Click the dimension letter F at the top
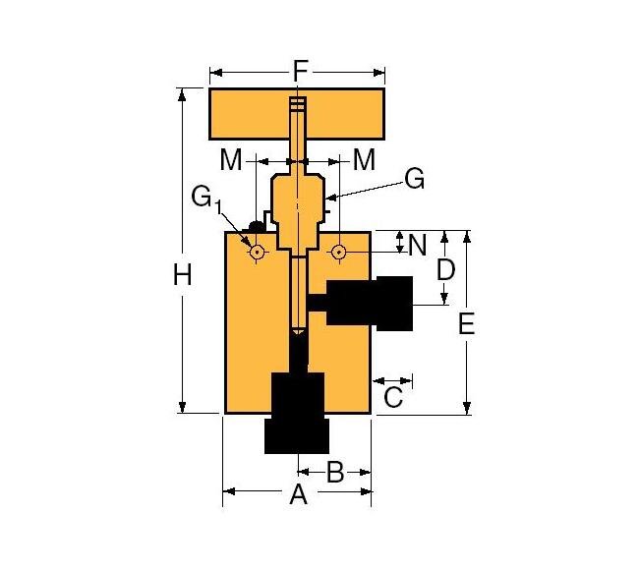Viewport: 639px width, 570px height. click(301, 71)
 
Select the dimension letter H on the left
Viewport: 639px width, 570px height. click(183, 276)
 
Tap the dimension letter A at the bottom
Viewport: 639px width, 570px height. click(298, 495)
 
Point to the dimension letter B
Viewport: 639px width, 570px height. click(334, 473)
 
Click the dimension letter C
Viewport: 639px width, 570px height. click(392, 397)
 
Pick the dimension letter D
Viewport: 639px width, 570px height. click(445, 268)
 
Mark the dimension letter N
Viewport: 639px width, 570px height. click(418, 244)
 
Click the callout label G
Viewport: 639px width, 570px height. click(414, 180)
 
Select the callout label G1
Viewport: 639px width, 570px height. click(205, 199)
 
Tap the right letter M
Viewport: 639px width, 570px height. click(364, 159)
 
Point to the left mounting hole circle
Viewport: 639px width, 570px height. click(257, 253)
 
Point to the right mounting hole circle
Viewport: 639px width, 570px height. click(338, 253)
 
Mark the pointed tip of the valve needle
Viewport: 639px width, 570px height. click(297, 331)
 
